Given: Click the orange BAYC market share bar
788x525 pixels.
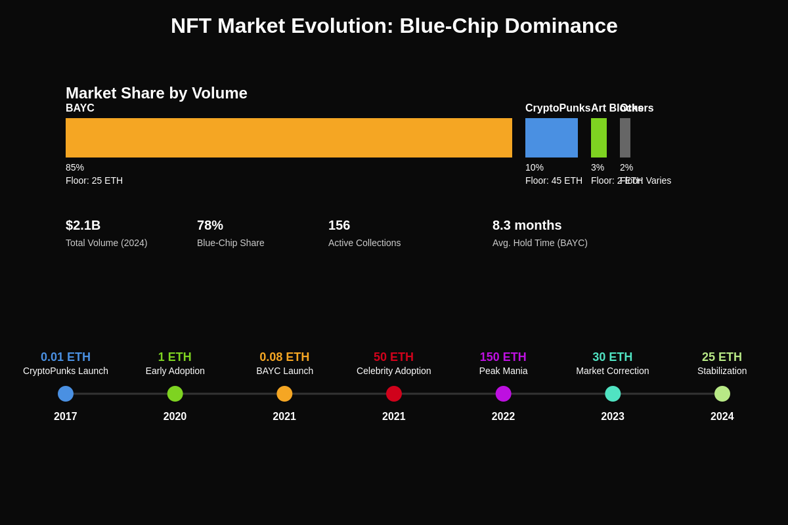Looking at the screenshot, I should click(x=289, y=138).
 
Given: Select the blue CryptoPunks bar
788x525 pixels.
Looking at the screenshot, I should click(x=552, y=138).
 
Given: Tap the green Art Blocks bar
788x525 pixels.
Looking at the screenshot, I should click(x=599, y=138).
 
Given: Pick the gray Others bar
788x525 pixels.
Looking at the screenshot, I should click(x=625, y=138).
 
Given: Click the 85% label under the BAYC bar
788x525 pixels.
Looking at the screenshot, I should click(x=75, y=167).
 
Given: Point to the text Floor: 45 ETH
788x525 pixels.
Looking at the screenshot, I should click(x=554, y=180).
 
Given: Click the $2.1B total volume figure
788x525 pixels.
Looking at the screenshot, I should click(x=83, y=225).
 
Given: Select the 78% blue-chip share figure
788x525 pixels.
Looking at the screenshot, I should click(x=210, y=225).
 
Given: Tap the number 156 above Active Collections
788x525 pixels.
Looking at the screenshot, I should click(x=339, y=225).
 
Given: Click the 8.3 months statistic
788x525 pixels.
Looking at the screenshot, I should click(x=527, y=225).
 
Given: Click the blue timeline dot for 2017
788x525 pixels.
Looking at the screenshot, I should click(x=66, y=394).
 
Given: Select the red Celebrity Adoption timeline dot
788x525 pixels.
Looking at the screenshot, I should click(x=394, y=394).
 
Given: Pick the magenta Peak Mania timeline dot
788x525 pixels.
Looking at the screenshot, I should click(x=504, y=394).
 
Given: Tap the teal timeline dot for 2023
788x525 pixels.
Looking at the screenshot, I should click(x=613, y=394).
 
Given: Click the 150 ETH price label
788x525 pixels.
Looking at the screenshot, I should click(x=503, y=357).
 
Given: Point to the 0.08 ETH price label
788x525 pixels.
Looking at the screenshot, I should click(x=284, y=357).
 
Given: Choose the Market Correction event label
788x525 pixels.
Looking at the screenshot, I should click(x=613, y=371).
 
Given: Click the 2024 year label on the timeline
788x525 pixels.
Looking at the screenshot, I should click(x=722, y=417).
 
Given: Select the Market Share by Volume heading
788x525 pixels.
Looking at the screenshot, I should click(x=156, y=93).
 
